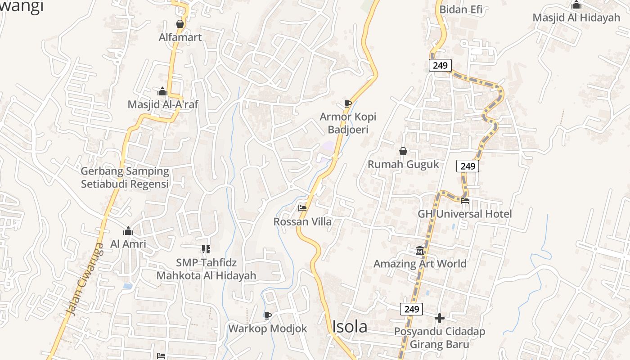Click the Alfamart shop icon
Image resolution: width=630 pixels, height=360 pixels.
pos(180,24)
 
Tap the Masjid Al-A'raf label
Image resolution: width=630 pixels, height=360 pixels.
pos(163,104)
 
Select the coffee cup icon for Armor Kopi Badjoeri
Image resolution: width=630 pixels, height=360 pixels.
pos(347,104)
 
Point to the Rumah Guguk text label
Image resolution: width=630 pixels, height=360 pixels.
pos(403,164)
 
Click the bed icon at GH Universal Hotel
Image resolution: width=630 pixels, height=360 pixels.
pos(465,200)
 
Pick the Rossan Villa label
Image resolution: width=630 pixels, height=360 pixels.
pos(302,221)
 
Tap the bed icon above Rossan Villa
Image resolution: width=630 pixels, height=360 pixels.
pos(302,208)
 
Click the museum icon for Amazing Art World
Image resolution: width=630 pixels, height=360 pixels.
pos(420,250)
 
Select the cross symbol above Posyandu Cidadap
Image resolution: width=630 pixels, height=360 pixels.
pos(440,319)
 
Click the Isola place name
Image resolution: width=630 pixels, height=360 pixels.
pos(350,327)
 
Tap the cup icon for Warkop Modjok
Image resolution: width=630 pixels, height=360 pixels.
pos(268,315)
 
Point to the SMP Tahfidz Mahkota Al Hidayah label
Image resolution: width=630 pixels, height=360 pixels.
pos(206,269)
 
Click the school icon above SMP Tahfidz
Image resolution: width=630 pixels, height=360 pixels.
pos(206,249)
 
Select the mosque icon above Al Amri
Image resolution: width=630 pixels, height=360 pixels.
pos(128,231)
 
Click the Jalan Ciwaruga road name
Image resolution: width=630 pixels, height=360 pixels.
pos(84,279)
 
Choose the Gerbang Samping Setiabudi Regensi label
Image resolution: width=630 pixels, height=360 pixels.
pos(125,178)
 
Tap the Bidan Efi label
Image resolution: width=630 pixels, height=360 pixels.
pos(460,9)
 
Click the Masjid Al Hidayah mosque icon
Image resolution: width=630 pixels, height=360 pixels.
pos(576,5)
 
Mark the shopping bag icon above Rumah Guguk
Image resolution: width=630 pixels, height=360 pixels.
pos(403,151)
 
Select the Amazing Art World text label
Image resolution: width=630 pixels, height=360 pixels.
pos(420,264)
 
